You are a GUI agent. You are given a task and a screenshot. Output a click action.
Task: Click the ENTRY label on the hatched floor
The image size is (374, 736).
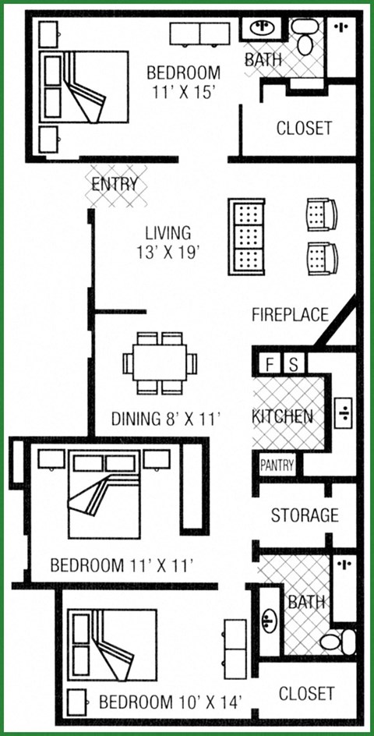point(115,185)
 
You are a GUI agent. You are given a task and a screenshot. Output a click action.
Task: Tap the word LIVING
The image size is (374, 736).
point(168,232)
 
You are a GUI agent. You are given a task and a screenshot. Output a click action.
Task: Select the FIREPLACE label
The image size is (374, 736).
point(290,315)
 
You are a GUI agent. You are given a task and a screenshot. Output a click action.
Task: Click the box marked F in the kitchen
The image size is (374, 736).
point(270,364)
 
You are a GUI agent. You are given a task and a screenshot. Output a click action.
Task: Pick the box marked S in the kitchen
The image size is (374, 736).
point(294,364)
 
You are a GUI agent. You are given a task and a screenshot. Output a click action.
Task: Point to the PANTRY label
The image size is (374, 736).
point(277,465)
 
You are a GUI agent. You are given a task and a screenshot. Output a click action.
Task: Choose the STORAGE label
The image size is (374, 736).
point(304,515)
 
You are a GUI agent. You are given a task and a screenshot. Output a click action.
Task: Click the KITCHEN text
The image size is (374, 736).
point(282,416)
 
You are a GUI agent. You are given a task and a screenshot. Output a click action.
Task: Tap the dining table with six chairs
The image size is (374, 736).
point(160,363)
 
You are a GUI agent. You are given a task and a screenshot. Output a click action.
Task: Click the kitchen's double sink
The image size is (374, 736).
point(344,413)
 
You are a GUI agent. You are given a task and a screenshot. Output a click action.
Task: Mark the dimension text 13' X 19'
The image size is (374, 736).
point(168,252)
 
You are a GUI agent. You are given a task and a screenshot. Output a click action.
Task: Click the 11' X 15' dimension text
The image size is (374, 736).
point(183,92)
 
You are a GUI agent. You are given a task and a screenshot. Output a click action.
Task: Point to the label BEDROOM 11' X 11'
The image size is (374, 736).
point(121,564)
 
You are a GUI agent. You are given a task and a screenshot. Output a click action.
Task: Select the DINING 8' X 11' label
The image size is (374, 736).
point(165,419)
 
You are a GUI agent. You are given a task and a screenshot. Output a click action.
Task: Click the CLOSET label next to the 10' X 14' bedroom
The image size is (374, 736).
point(306,693)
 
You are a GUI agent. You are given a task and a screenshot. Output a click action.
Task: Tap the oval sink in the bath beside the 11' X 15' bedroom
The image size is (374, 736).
point(263,30)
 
